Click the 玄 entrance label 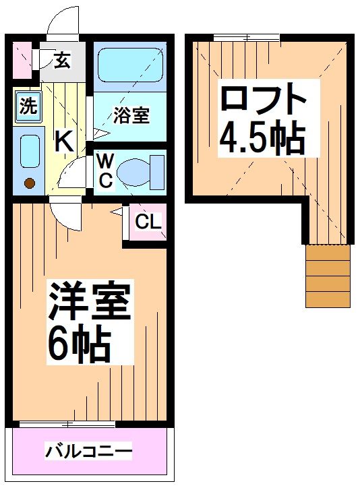pos(61,61)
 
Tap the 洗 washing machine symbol pos(27,106)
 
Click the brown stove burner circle pos(29,182)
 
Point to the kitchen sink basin pos(29,151)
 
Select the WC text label pos(105,171)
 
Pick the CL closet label pos(148,220)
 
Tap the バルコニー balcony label pos(88,450)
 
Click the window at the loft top pos(245,38)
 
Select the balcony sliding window pos(67,425)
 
